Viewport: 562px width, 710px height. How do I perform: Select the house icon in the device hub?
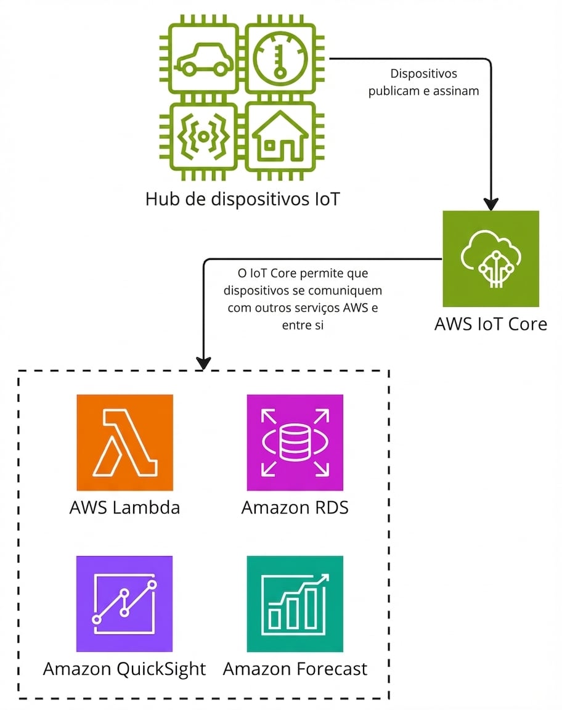pos(280,137)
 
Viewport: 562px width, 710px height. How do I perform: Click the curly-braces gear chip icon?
pos(205,137)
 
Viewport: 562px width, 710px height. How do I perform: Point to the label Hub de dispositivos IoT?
pos(242,199)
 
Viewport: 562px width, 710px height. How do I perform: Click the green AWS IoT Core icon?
pos(491,259)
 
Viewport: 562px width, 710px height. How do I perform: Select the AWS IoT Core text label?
pos(491,324)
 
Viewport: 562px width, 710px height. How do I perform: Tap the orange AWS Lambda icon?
pos(124,443)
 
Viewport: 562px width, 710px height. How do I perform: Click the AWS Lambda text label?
pos(124,508)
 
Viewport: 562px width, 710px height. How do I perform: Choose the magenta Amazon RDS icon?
pos(295,443)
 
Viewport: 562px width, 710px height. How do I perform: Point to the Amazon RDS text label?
pos(295,508)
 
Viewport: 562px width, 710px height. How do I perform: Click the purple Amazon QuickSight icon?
pos(124,604)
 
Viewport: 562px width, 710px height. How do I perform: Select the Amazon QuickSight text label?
pos(124,669)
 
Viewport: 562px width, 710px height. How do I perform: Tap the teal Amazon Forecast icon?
pos(295,604)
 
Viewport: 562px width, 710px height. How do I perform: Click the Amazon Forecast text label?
pos(295,669)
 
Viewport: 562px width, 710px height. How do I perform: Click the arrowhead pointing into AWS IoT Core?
pos(491,203)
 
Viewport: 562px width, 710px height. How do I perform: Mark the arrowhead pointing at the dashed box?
pos(203,363)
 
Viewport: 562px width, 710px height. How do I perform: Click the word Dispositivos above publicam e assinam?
pos(424,74)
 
